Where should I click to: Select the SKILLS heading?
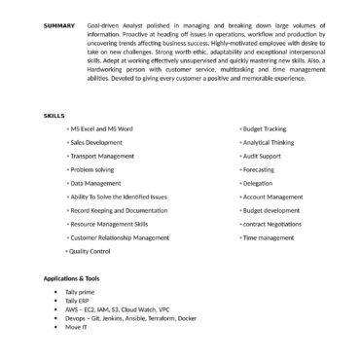click(54, 115)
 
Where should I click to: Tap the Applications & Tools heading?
click(73, 279)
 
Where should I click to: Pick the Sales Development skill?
click(96, 142)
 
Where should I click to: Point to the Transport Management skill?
click(102, 156)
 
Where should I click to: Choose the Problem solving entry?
click(92, 169)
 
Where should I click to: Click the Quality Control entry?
click(89, 251)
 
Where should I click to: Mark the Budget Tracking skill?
click(264, 128)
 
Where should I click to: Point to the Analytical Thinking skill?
click(268, 142)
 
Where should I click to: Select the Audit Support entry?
click(262, 156)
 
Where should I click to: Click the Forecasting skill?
click(259, 169)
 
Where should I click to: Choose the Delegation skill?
click(258, 183)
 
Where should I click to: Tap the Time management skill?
click(267, 237)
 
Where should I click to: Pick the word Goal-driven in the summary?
click(102, 25)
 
